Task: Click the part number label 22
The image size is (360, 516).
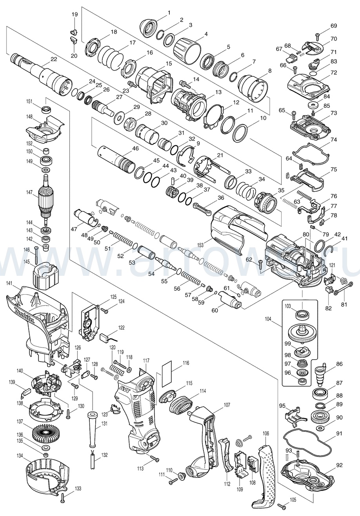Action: click(x=54, y=60)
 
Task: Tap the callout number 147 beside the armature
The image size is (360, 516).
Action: click(x=29, y=193)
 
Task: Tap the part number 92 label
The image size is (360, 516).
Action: click(x=339, y=465)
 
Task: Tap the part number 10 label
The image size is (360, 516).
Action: click(x=263, y=118)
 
